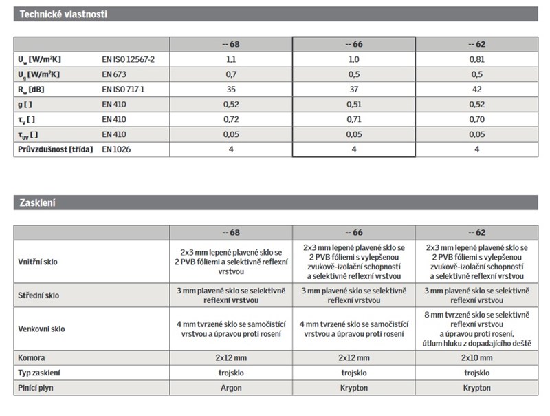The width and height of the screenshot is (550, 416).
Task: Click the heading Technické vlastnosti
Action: click(x=63, y=14)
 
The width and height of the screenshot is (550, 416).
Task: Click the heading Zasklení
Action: click(x=37, y=203)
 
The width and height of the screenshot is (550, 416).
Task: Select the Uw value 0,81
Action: click(x=476, y=59)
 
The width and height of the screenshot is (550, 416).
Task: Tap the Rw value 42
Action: click(x=476, y=90)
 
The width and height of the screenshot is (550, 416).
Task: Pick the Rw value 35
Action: click(x=231, y=90)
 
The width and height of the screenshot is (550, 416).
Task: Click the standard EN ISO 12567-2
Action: click(x=129, y=59)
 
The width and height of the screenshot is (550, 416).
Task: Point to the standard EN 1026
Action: click(x=117, y=149)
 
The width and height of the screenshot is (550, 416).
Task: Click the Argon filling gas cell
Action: click(x=231, y=388)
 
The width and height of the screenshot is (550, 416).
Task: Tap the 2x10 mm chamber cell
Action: click(x=476, y=357)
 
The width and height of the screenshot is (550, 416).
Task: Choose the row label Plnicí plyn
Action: click(x=38, y=388)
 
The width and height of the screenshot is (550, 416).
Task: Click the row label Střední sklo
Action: click(x=38, y=295)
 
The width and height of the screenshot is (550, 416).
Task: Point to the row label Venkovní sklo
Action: click(x=43, y=329)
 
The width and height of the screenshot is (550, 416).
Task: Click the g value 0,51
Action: click(x=353, y=104)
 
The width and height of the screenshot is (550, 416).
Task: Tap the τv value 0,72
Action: click(x=231, y=119)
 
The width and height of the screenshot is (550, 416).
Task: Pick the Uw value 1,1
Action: click(x=231, y=59)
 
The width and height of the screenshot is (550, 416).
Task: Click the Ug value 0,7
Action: click(x=231, y=74)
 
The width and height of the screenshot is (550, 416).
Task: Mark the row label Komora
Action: click(x=33, y=357)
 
